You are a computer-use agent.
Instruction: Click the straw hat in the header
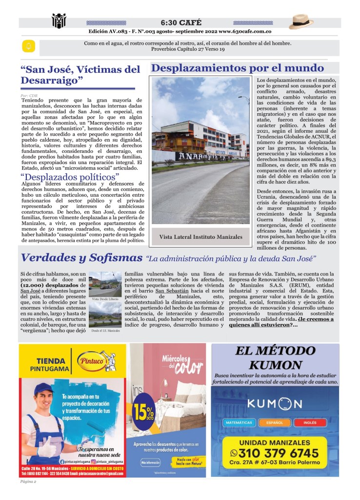[x=301, y=22]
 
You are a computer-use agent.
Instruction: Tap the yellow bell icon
[x=28, y=46]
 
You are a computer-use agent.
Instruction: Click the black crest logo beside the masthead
[x=59, y=21]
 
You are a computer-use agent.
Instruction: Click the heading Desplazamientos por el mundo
[x=238, y=68]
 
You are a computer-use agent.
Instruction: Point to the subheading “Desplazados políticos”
[x=70, y=176]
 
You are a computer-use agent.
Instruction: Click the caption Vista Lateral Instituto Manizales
[x=200, y=237]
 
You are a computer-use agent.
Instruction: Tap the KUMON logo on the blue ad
[x=275, y=404]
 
